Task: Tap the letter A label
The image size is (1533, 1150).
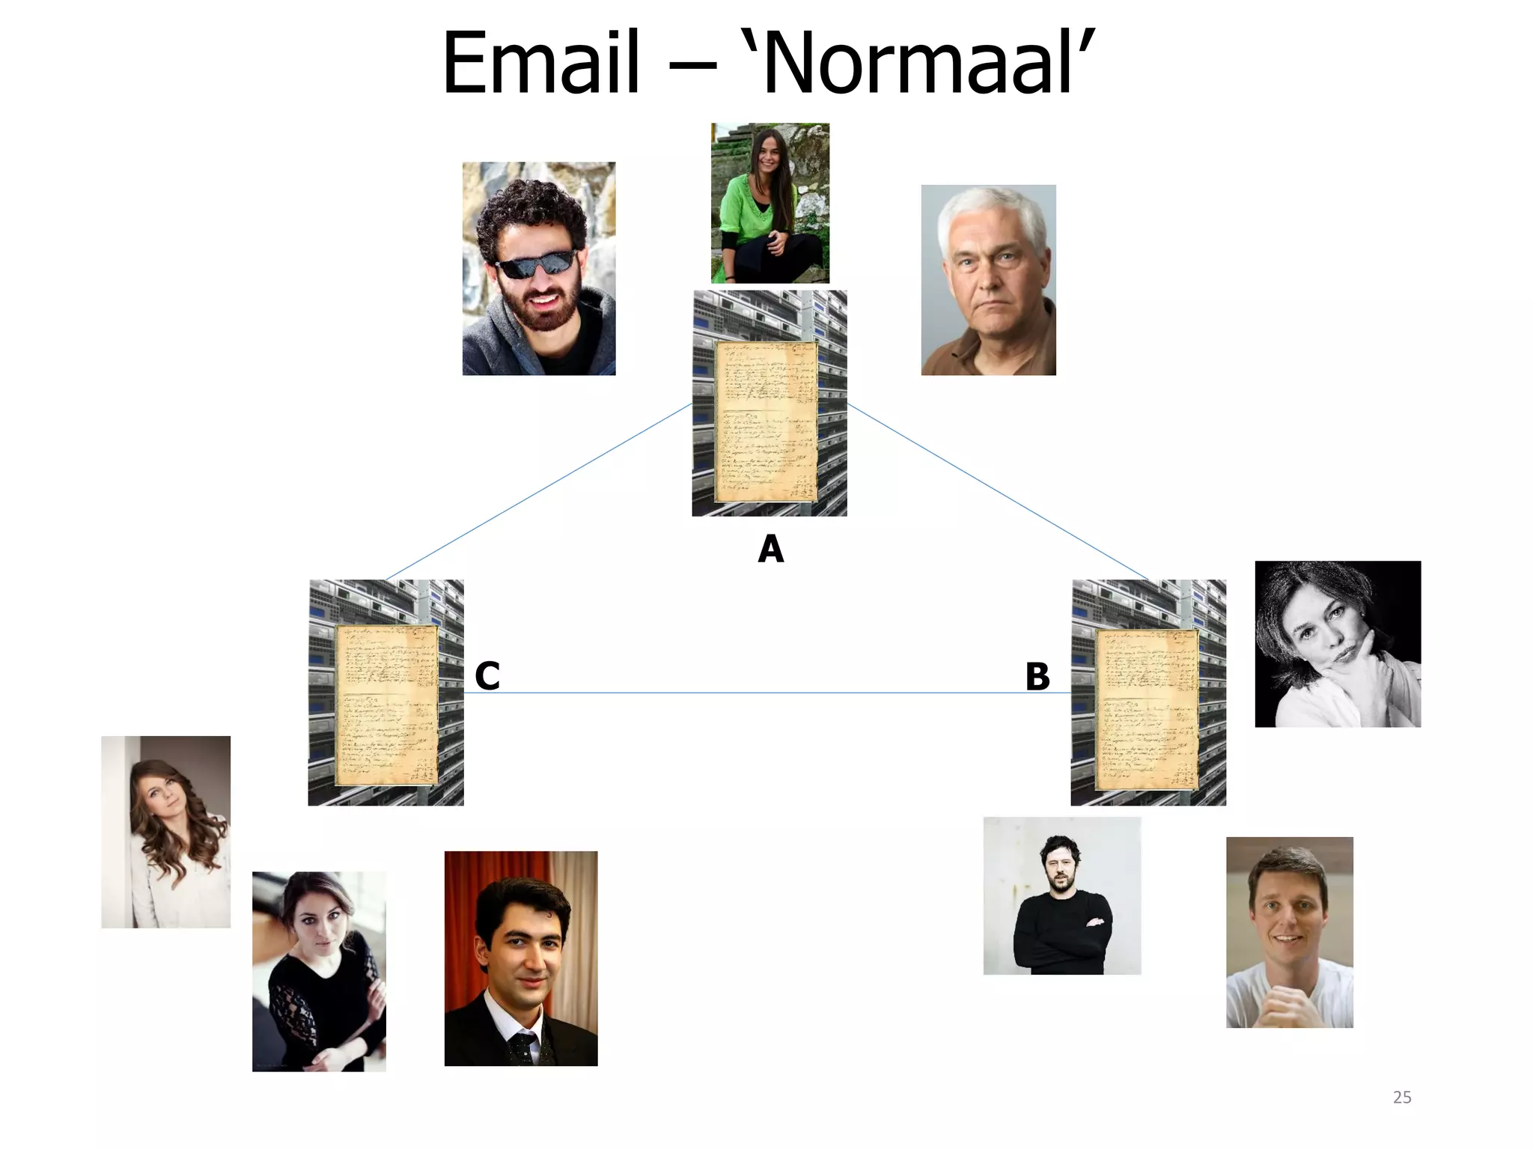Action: pyautogui.click(x=770, y=550)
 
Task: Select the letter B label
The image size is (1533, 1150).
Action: pyautogui.click(x=1037, y=677)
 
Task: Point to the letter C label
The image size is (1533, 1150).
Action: pyautogui.click(x=487, y=676)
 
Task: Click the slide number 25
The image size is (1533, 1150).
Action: pyautogui.click(x=1402, y=1098)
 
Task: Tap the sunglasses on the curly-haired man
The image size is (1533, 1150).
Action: pyautogui.click(x=536, y=264)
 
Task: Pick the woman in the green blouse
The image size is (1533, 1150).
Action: pyautogui.click(x=769, y=203)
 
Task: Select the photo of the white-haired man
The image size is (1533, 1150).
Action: pyautogui.click(x=988, y=280)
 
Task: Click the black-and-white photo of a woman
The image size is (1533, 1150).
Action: pyautogui.click(x=1338, y=644)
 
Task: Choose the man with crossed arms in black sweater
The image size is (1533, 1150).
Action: pyautogui.click(x=1061, y=896)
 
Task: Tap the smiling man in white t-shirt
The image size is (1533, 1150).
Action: pyautogui.click(x=1289, y=932)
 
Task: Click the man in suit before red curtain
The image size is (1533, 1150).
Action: pyautogui.click(x=521, y=958)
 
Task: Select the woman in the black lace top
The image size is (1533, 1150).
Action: pyautogui.click(x=319, y=971)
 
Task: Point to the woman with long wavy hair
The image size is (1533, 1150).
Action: pyautogui.click(x=166, y=832)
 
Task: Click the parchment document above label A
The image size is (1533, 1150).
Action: pyautogui.click(x=766, y=422)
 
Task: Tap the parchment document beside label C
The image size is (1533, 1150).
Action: pyautogui.click(x=386, y=705)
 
